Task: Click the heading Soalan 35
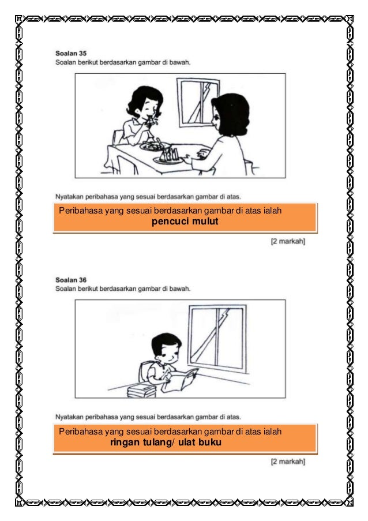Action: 71,53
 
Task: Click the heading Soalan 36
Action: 71,280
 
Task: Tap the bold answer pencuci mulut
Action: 185,222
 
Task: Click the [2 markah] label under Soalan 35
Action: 288,241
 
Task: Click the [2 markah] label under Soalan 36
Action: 288,461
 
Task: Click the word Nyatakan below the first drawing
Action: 69,197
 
